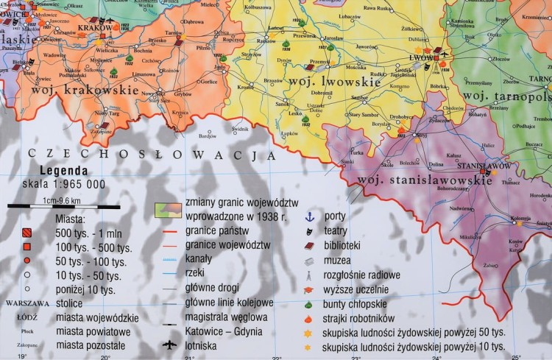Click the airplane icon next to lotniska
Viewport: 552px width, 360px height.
(169, 345)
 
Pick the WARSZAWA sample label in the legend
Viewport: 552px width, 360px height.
(26, 303)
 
